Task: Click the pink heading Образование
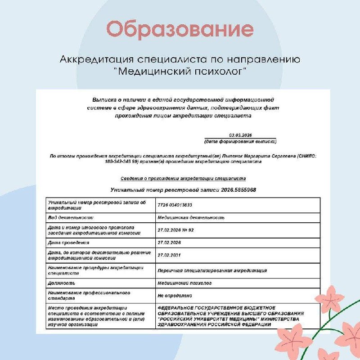coord(180,30)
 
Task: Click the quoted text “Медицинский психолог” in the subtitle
coord(180,71)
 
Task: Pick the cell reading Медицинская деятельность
coord(191,218)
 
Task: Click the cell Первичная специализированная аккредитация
coord(212,270)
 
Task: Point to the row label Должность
coord(62,283)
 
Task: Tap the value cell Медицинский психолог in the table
coord(184,283)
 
